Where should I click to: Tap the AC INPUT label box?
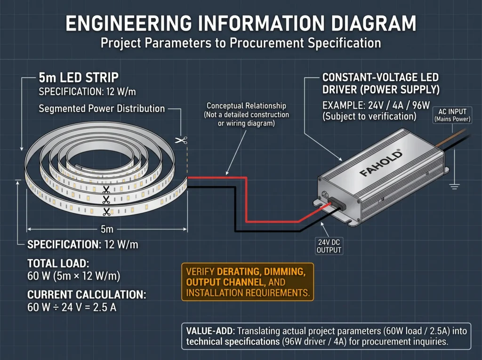[x=452, y=115]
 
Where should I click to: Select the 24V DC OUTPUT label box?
[x=329, y=246]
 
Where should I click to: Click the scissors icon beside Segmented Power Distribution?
[x=181, y=141]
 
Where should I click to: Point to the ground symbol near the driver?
[x=454, y=186]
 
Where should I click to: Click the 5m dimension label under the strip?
[x=107, y=229]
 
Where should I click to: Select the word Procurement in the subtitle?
[x=267, y=43]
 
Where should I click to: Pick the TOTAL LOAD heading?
[x=58, y=264]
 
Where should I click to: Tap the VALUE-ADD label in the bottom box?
[x=210, y=331]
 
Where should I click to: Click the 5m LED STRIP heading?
[x=79, y=78]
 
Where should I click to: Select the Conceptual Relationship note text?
[x=246, y=115]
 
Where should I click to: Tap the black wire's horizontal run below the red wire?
[x=267, y=231]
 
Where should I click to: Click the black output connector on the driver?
[x=337, y=204]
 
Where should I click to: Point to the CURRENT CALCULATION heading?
[x=87, y=295]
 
